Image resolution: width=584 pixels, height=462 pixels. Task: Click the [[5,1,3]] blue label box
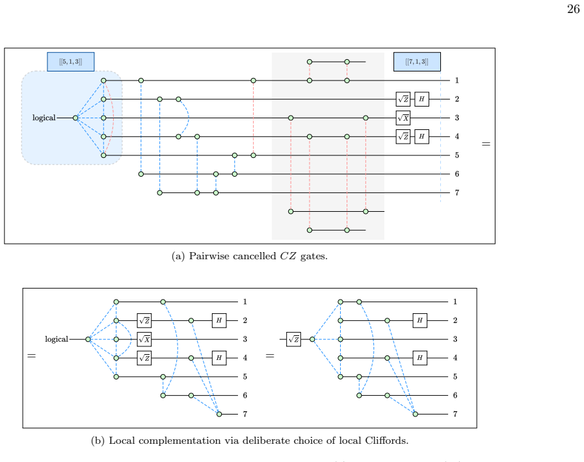point(70,62)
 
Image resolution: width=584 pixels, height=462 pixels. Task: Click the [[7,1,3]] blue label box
point(417,62)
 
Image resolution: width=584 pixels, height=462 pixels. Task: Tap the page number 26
point(573,9)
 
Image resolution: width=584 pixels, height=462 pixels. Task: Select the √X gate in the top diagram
point(403,118)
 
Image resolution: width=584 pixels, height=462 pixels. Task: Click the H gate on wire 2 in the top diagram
point(421,99)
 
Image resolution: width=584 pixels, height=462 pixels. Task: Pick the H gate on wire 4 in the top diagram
point(421,136)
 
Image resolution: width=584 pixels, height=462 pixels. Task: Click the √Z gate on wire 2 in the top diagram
point(403,99)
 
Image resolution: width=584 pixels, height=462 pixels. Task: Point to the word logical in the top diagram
point(44,118)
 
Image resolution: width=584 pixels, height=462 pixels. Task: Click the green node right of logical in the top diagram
point(75,118)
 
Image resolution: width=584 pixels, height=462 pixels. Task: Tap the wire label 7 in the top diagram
point(457,193)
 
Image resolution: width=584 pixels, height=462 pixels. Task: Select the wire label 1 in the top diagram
point(457,81)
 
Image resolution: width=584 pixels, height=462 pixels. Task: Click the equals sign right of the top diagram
point(486,144)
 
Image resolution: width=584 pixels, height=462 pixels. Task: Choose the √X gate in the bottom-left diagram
point(144,339)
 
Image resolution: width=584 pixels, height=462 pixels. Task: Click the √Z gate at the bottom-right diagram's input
point(293,339)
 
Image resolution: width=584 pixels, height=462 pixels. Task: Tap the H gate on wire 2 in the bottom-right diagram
point(419,320)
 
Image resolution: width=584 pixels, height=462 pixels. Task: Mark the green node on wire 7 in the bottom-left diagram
point(219,414)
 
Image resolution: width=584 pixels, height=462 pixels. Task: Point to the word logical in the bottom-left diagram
point(57,339)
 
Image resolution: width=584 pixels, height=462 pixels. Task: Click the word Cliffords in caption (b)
point(386,441)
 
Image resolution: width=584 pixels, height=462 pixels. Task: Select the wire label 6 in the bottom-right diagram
point(455,395)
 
